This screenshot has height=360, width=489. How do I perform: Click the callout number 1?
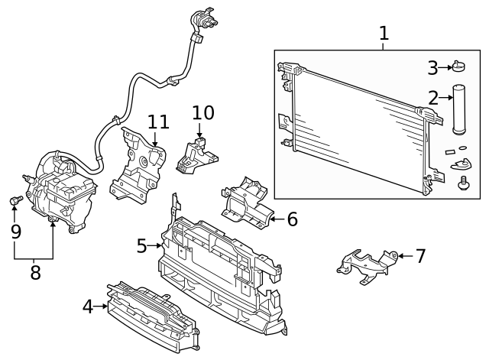click(x=384, y=33)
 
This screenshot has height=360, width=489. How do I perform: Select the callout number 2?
click(x=433, y=98)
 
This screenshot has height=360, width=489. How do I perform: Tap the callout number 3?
click(x=432, y=68)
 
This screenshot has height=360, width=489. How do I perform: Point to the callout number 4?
click(x=88, y=306)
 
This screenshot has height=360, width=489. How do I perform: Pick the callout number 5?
click(x=141, y=245)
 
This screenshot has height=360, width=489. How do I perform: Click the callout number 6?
click(x=292, y=219)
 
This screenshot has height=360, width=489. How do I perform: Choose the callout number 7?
click(x=420, y=255)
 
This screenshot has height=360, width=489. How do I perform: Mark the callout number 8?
click(x=34, y=272)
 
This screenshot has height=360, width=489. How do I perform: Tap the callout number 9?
click(x=15, y=230)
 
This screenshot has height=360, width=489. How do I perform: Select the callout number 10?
click(x=202, y=113)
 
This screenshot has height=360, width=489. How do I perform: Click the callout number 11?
click(x=157, y=122)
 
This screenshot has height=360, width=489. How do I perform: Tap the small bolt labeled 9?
click(x=15, y=200)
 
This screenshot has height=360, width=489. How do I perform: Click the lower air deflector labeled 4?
click(x=149, y=314)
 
